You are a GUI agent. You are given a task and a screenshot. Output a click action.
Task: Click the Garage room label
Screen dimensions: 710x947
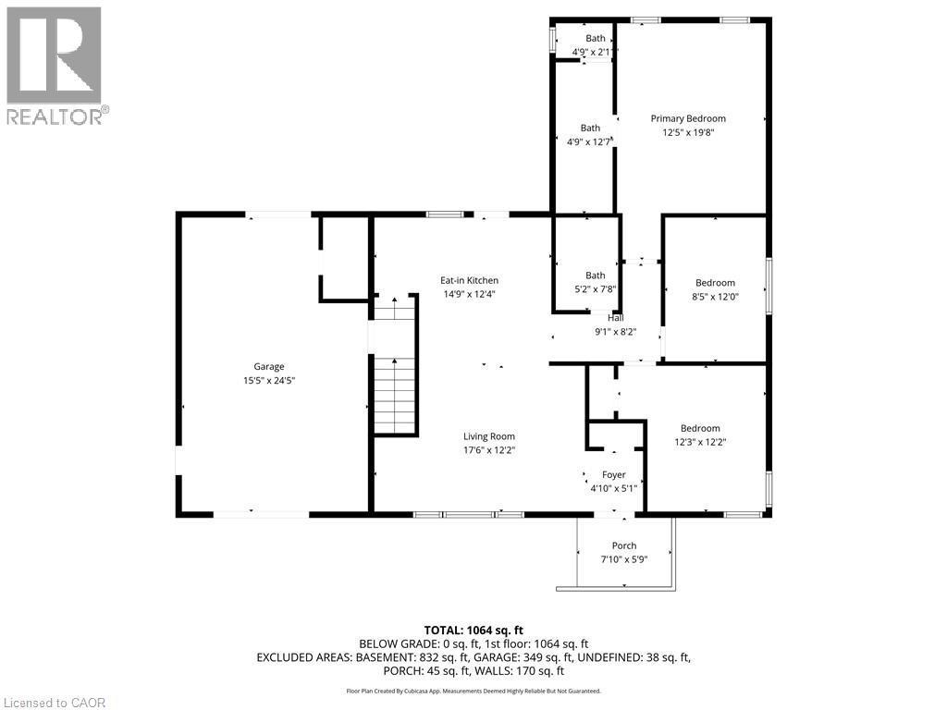pyautogui.click(x=269, y=366)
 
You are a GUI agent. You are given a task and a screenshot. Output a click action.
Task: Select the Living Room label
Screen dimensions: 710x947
pyautogui.click(x=489, y=436)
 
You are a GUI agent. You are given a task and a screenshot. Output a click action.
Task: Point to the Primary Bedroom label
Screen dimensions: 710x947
pyautogui.click(x=688, y=118)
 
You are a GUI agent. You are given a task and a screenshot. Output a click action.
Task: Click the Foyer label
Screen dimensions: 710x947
pyautogui.click(x=614, y=474)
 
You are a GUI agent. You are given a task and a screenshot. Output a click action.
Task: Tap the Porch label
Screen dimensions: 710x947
pyautogui.click(x=624, y=545)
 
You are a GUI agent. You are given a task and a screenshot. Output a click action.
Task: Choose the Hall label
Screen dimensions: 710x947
pyautogui.click(x=615, y=318)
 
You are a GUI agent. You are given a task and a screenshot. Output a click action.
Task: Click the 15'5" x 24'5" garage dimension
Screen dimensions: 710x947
pyautogui.click(x=269, y=380)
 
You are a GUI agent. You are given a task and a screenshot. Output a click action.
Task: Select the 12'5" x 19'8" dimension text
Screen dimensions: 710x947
pyautogui.click(x=688, y=132)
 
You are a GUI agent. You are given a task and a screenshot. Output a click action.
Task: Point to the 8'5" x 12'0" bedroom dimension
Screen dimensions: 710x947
pyautogui.click(x=715, y=297)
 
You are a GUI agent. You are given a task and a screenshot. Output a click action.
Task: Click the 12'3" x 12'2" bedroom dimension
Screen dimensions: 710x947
pyautogui.click(x=700, y=442)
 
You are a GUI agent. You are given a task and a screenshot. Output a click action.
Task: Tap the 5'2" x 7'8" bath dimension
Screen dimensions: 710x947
pyautogui.click(x=595, y=288)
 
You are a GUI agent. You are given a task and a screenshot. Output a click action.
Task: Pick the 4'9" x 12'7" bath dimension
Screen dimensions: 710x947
pyautogui.click(x=589, y=142)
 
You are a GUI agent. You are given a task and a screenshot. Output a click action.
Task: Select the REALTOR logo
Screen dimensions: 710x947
pyautogui.click(x=55, y=65)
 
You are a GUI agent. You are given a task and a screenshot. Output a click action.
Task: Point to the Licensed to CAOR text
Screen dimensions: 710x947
pyautogui.click(x=54, y=703)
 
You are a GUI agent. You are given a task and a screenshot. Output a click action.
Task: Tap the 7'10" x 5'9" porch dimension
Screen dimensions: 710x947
pyautogui.click(x=624, y=559)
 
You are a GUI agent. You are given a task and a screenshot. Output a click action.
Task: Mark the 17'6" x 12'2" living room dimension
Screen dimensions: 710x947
pyautogui.click(x=489, y=450)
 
